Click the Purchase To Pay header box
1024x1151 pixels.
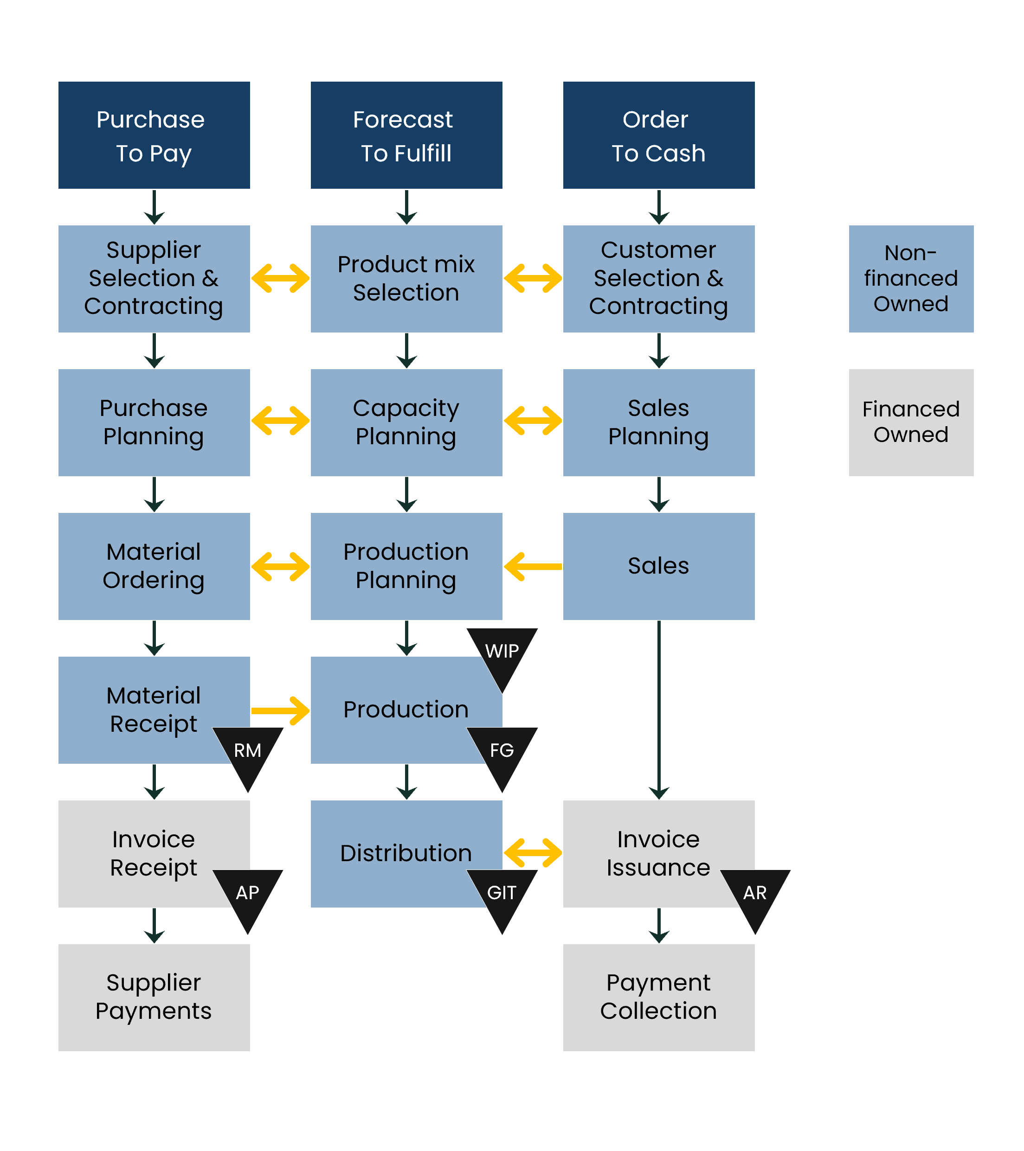154,135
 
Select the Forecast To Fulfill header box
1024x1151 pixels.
406,135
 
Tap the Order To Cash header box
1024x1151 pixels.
658,135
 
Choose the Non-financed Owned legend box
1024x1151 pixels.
911,279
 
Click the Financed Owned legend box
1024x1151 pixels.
911,422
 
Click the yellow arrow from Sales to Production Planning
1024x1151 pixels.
533,566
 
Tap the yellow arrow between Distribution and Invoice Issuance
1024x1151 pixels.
533,853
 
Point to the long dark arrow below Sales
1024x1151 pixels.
658,710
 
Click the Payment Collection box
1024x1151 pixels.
658,997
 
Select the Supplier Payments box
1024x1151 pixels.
154,997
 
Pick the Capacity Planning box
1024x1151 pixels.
406,422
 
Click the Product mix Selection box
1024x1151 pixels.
406,279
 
